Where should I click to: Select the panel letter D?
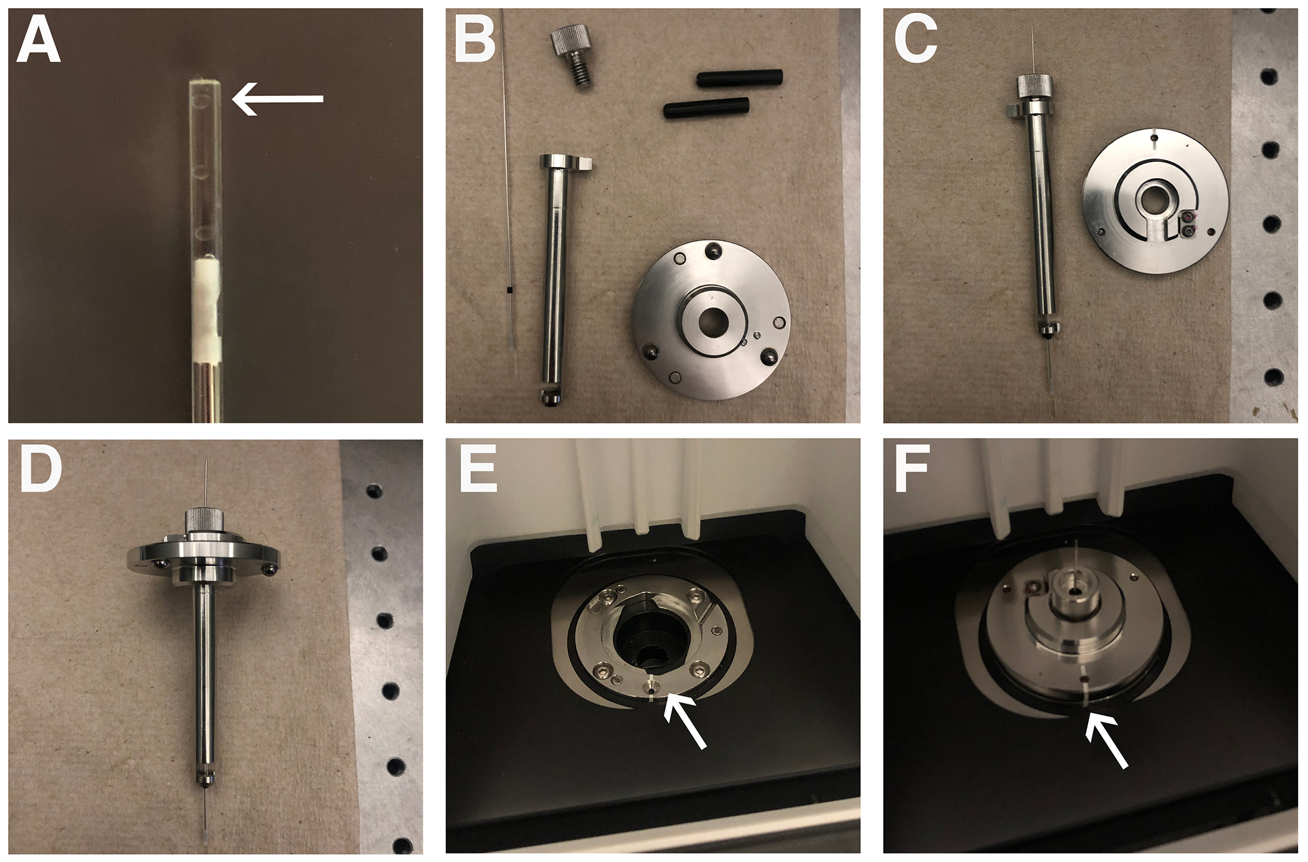pos(40,471)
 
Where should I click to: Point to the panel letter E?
pos(478,471)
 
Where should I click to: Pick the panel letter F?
pos(912,471)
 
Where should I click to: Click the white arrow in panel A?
pos(278,99)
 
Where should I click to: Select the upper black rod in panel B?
pos(739,78)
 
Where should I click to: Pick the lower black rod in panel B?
pos(706,108)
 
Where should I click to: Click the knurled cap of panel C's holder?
pos(1034,86)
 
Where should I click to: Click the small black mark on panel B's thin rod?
pos(509,290)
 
